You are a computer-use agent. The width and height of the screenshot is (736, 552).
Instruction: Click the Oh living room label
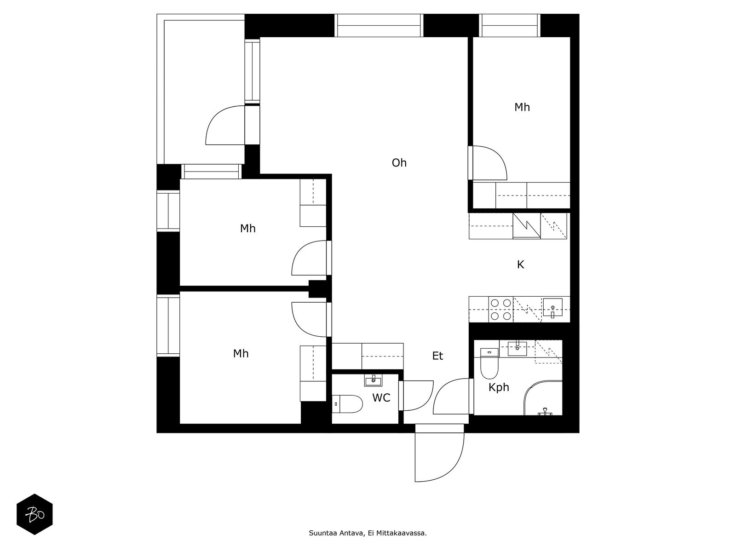[399, 163]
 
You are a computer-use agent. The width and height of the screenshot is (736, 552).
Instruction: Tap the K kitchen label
[520, 265]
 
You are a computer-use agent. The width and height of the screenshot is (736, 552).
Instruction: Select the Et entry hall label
[437, 356]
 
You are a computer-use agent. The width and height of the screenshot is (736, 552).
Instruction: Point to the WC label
[381, 398]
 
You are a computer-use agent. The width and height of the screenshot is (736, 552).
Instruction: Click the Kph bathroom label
[499, 388]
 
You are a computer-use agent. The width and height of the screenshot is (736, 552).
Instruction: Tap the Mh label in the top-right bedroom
[522, 107]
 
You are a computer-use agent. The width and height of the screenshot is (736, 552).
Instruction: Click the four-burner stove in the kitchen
[501, 310]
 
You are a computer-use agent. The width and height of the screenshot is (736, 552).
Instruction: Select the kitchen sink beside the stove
[552, 308]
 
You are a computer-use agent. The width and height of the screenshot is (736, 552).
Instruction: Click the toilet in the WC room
[347, 404]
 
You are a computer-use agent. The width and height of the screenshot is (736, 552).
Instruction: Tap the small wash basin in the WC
[373, 380]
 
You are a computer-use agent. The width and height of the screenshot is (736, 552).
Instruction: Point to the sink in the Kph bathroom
[517, 348]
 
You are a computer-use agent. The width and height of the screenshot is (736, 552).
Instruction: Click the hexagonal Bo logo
[34, 514]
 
